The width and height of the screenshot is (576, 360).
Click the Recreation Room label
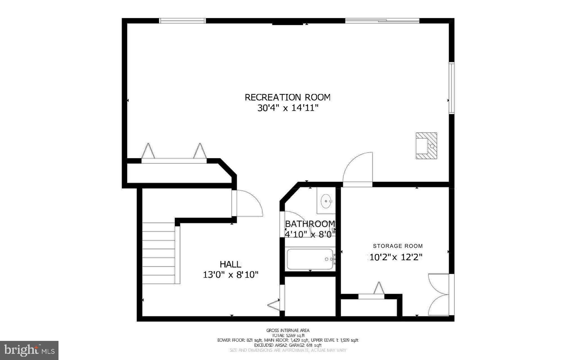pyautogui.click(x=287, y=97)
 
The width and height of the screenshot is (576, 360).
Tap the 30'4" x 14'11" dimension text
pyautogui.click(x=287, y=108)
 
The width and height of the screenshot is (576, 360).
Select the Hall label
pyautogui.click(x=230, y=264)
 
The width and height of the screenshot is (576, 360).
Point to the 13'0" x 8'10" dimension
pyautogui.click(x=230, y=274)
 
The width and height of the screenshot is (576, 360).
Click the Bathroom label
pyautogui.click(x=310, y=224)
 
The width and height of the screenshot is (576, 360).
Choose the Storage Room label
pyautogui.click(x=398, y=246)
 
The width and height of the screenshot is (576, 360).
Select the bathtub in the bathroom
pyautogui.click(x=310, y=259)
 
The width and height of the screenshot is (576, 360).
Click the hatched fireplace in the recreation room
pyautogui.click(x=426, y=146)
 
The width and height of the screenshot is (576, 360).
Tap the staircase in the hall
pyautogui.click(x=159, y=253)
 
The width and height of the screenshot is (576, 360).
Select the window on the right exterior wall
pyautogui.click(x=451, y=88)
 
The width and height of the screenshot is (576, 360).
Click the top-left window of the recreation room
pyautogui.click(x=183, y=21)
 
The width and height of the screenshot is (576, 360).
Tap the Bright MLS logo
pyautogui.click(x=29, y=350)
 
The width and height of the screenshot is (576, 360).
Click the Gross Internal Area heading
pyautogui.click(x=288, y=330)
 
